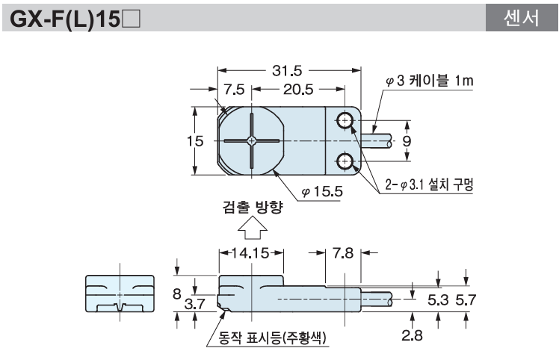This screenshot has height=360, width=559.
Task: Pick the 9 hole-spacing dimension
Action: [407, 140]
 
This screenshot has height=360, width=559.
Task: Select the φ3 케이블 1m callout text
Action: [430, 81]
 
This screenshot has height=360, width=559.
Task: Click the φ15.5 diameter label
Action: [322, 191]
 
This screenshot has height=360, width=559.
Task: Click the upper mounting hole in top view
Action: [345, 121]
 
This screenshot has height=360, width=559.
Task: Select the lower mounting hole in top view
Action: [345, 159]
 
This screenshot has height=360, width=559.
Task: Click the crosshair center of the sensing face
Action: [253, 140]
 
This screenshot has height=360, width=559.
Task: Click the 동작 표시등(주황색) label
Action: [274, 341]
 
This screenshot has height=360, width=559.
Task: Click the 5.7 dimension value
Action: [466, 300]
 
